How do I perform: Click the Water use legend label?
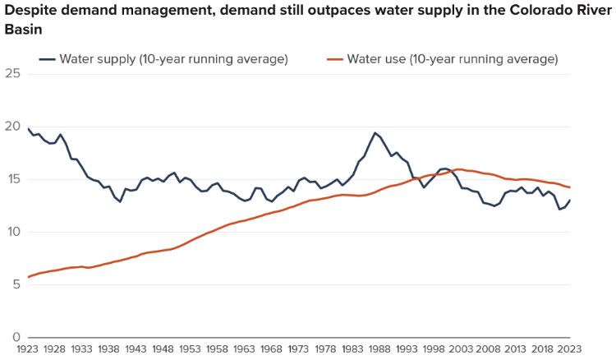pos(453,59)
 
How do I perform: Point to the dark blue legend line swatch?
pos(47,59)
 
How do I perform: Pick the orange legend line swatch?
pos(334,59)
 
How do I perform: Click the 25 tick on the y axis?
pos(11,74)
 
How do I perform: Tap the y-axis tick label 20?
pos(11,127)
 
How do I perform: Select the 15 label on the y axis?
pos(11,179)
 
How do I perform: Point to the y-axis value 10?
pos(11,232)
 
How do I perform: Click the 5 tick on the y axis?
pos(15,284)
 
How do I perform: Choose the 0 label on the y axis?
pos(15,337)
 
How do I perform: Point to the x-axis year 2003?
pos(461,349)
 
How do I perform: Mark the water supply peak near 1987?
pos(375,133)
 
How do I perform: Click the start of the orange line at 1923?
pos(29,277)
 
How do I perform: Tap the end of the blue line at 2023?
pos(570,200)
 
